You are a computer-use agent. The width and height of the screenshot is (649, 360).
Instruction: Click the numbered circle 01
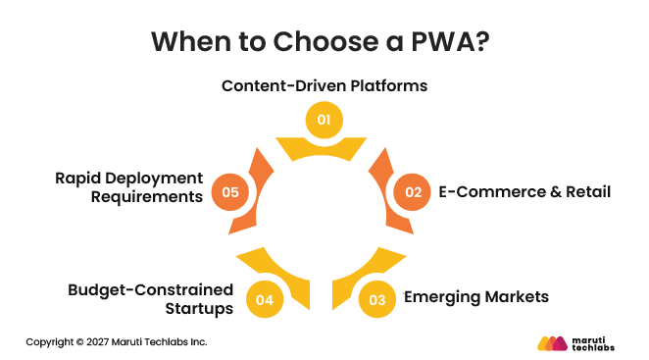pyautogui.click(x=324, y=120)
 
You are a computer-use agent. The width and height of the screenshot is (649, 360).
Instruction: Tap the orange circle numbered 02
pyautogui.click(x=413, y=191)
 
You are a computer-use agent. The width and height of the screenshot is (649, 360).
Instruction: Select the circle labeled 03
pyautogui.click(x=378, y=298)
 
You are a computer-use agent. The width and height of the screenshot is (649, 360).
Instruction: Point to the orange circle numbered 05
pyautogui.click(x=230, y=191)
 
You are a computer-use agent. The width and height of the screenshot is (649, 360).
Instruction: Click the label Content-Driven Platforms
pyautogui.click(x=324, y=84)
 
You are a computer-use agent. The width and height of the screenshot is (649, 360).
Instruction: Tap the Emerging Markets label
pyautogui.click(x=476, y=296)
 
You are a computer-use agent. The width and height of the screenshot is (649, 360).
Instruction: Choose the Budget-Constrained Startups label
pyautogui.click(x=150, y=298)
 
